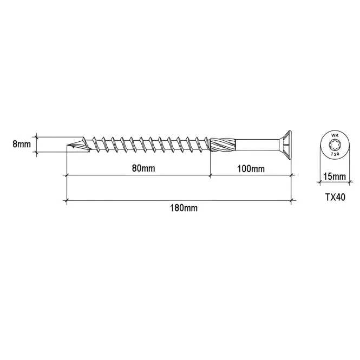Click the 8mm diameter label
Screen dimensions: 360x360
pos(22,144)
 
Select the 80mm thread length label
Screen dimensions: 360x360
pos(143,168)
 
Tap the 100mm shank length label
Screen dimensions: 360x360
pos(251,169)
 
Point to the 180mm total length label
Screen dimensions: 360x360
pos(184,208)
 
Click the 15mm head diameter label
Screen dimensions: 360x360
pos(335,176)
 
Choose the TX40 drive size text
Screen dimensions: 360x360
pos(335,197)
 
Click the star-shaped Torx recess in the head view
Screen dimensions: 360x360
pos(335,145)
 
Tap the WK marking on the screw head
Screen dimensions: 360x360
pos(335,136)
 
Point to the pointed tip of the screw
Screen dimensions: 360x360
pos(67,146)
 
